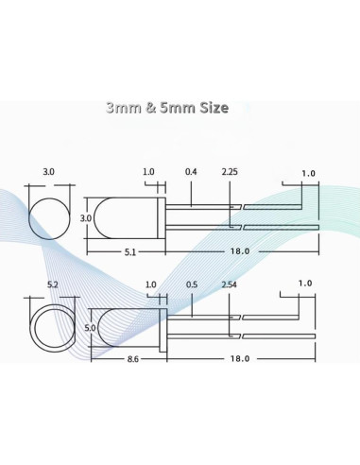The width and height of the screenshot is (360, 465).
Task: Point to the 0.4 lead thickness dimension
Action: tap(192, 172)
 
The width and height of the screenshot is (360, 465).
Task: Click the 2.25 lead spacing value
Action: tap(229, 172)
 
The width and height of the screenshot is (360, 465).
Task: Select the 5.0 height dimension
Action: tap(91, 327)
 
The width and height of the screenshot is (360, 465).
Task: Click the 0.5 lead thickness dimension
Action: tap(192, 284)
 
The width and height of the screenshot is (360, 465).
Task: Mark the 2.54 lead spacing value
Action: tap(229, 284)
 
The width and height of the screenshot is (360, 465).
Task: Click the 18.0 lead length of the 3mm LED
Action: tap(240, 251)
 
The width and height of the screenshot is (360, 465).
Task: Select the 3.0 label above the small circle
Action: tap(49, 172)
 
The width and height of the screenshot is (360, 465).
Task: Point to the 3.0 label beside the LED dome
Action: tap(85, 218)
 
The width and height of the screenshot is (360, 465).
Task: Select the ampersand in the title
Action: tap(153, 108)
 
